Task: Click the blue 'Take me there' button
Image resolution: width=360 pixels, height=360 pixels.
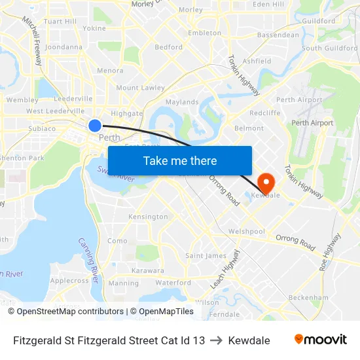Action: coord(180,160)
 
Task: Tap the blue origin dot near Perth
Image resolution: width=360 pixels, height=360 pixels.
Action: coord(95,125)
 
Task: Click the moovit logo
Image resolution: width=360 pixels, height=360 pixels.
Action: coord(320,340)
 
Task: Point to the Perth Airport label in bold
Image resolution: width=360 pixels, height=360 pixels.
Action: coord(312,123)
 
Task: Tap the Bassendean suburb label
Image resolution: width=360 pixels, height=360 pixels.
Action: coord(278,35)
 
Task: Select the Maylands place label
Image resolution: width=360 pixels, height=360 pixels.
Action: coord(182,102)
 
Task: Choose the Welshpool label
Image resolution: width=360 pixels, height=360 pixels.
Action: coord(247,232)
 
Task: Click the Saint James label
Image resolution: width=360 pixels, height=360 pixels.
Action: coord(206,255)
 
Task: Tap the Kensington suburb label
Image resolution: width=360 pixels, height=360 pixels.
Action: coord(148,217)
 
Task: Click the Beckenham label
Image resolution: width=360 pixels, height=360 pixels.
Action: coord(308,297)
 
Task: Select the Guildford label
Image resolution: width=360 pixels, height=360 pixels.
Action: coord(319,21)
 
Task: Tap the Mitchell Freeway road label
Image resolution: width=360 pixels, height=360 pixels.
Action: coord(33,40)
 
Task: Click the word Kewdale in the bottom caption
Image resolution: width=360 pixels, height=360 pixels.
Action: coord(249,340)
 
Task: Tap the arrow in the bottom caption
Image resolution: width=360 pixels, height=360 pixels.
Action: coord(217,340)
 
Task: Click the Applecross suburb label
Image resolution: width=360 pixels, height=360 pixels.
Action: coord(69,281)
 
